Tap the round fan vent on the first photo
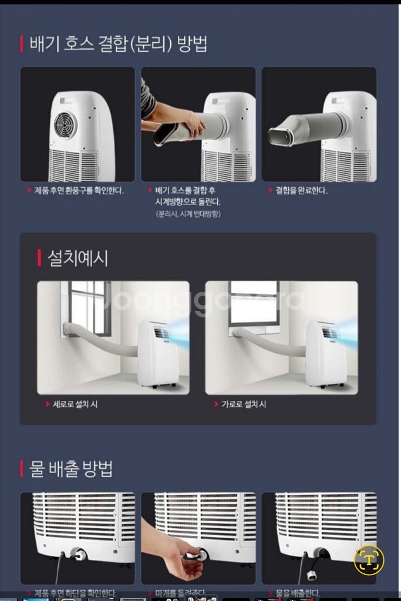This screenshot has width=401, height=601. pos(66,124)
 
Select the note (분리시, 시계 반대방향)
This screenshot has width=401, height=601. pos(188,214)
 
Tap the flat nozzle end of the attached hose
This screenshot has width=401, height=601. pos(282,136)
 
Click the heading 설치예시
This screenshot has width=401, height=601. pos(78,258)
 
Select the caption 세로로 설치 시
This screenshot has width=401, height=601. pos(75,405)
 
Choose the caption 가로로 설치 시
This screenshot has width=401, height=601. pos(243,405)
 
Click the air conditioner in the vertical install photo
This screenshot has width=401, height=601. pos(157,354)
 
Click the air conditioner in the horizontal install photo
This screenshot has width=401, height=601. pos(325,354)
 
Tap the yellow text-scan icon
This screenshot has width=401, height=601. pos(369,559)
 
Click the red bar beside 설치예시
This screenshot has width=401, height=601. pos(39,258)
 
